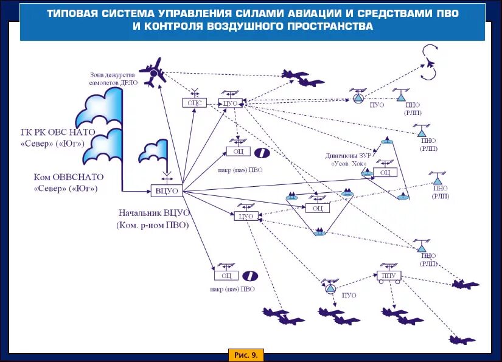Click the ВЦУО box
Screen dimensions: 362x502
[167, 191]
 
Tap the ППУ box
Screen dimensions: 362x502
[388, 276]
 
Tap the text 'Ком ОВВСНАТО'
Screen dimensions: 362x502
[69, 177]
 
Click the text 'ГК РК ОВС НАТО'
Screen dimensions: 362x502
[58, 133]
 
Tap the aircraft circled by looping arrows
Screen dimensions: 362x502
[430, 63]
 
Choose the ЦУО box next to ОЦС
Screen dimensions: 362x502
[230, 103]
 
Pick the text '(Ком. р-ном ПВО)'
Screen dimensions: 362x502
[153, 225]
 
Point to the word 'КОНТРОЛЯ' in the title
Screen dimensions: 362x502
[174, 27]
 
